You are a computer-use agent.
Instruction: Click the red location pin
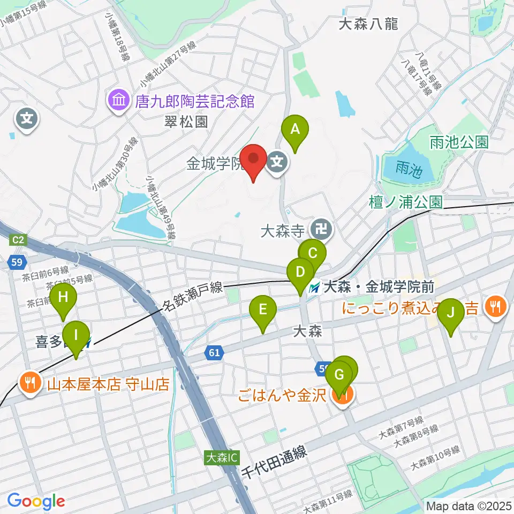pos(253,160)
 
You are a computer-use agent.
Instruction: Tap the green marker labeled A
pos(294,131)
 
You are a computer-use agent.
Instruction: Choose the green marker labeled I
pos(75,337)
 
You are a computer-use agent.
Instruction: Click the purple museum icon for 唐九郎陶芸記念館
pos(117,100)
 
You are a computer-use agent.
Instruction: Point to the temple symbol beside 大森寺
pos(321,231)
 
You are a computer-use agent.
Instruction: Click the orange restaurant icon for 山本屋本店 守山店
pos(29,384)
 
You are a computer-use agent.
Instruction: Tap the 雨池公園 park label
pos(458,142)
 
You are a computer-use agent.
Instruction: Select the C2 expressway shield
pos(18,240)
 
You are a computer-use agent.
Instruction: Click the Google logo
pos(36,501)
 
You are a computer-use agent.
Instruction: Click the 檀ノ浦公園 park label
pos(406,202)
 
